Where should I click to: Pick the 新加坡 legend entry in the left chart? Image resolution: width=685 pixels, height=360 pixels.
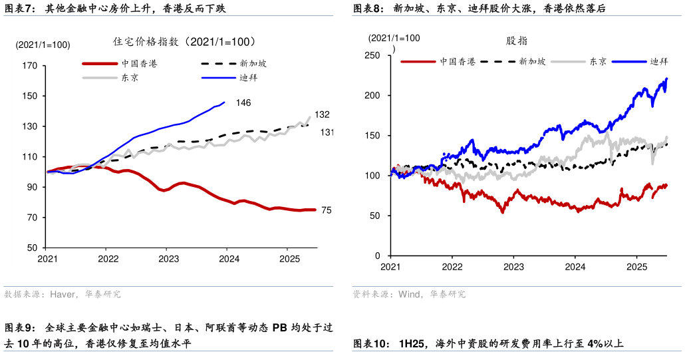[x=253, y=64]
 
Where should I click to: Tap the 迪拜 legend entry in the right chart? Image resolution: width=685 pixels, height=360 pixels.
[x=658, y=61]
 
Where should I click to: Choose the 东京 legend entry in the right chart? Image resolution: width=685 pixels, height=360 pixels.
[x=597, y=61]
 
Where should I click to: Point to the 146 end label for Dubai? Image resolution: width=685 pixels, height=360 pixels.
[x=243, y=102]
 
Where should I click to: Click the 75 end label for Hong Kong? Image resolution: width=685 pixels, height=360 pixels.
[x=326, y=210]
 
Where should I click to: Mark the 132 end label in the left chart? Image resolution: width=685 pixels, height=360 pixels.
[x=323, y=115]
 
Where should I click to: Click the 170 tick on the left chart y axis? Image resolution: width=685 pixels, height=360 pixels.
[x=29, y=66]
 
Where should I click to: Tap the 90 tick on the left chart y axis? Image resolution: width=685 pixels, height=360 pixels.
[x=32, y=188]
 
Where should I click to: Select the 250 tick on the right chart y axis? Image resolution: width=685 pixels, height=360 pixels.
[x=372, y=55]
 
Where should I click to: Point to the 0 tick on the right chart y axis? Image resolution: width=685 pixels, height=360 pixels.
[x=377, y=256]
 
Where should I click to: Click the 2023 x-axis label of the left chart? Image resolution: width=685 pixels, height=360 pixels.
[x=168, y=259]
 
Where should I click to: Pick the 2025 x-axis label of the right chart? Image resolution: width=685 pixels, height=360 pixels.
[x=637, y=267]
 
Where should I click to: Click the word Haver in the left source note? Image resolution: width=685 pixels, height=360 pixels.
[x=63, y=294]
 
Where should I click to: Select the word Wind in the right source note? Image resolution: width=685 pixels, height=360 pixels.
[x=408, y=294]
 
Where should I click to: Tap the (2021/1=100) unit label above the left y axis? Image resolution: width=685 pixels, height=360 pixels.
[x=43, y=45]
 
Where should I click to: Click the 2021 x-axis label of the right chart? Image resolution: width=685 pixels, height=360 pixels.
[x=390, y=267]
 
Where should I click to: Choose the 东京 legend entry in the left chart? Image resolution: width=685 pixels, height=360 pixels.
[x=130, y=77]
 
